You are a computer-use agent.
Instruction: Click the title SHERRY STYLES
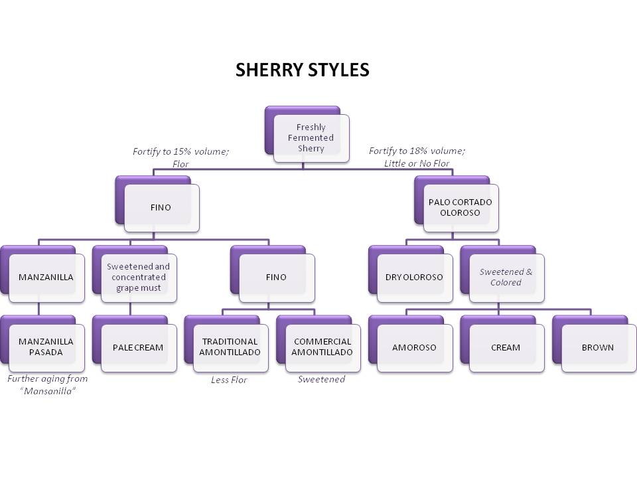302,70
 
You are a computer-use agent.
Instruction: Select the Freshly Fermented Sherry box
311,138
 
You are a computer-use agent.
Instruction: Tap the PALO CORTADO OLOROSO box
460,208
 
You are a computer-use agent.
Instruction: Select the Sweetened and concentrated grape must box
138,277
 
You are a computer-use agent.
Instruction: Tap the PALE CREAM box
138,347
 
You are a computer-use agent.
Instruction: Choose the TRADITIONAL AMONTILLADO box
230,347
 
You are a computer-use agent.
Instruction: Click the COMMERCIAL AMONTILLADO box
322,347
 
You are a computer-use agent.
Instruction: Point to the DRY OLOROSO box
414,277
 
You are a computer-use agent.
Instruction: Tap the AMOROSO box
414,347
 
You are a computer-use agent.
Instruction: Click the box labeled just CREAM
506,347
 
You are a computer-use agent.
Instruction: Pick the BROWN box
597,347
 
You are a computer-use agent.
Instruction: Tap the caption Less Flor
229,380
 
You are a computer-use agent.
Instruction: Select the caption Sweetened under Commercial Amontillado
321,379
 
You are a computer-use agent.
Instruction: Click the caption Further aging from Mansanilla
47,384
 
